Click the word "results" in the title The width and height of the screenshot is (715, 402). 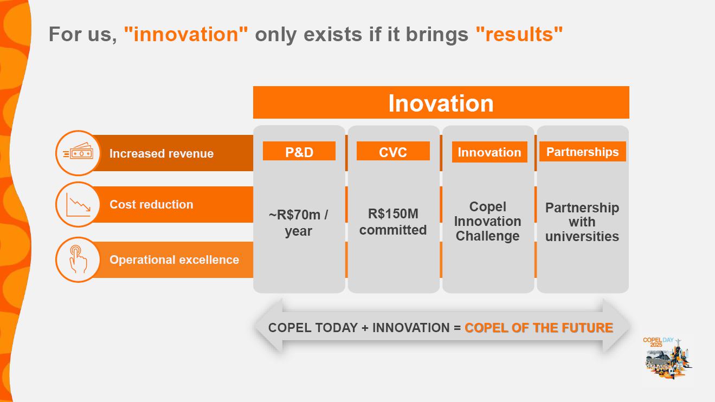[x=519, y=34]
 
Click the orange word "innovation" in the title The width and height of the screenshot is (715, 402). [x=186, y=34]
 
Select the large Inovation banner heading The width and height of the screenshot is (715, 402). [x=441, y=103]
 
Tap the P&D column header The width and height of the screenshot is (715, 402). [x=299, y=151]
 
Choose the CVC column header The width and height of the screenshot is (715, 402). [x=393, y=151]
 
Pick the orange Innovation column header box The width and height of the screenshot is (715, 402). [x=489, y=152]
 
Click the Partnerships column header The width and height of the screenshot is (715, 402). [x=583, y=152]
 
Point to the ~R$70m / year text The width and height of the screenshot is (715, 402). [x=299, y=223]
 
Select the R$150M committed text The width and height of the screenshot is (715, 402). [x=393, y=222]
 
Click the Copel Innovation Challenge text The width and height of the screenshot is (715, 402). [x=488, y=221]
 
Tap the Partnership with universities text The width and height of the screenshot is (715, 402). [x=582, y=222]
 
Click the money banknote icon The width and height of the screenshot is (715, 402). [x=78, y=151]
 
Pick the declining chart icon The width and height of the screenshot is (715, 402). [x=78, y=204]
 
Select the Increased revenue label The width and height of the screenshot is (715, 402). [x=162, y=153]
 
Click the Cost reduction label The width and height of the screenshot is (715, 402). [x=151, y=204]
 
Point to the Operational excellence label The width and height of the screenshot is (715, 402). [x=175, y=260]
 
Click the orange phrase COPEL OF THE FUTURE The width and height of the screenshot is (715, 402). [x=539, y=328]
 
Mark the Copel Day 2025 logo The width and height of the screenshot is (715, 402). [x=667, y=358]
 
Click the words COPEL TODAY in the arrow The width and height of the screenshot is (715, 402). [x=313, y=328]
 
